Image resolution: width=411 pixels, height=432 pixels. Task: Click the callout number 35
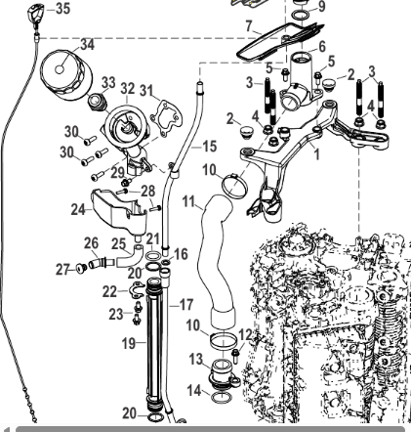pyautogui.click(x=62, y=9)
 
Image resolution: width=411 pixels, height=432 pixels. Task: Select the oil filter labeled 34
pyautogui.click(x=66, y=73)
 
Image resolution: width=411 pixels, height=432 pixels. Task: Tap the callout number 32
pyautogui.click(x=127, y=88)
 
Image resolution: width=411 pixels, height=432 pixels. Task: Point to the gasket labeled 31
pyautogui.click(x=166, y=117)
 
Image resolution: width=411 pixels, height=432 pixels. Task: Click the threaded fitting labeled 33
pyautogui.click(x=97, y=102)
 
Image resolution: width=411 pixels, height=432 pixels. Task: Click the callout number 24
pyautogui.click(x=78, y=209)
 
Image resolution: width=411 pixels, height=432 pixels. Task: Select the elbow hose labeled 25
pyautogui.click(x=129, y=257)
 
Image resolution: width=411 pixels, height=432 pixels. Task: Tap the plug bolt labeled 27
pyautogui.click(x=80, y=269)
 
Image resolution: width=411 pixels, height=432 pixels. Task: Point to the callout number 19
pyautogui.click(x=129, y=343)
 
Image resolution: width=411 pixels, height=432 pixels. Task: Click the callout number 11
pyautogui.click(x=188, y=201)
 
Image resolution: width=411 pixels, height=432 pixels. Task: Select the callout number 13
pyautogui.click(x=196, y=360)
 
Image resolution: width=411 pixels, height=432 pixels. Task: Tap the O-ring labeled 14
pyautogui.click(x=222, y=398)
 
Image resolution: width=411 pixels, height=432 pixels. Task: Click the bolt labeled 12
pyautogui.click(x=235, y=356)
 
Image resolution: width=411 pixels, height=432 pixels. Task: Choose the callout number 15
pyautogui.click(x=209, y=147)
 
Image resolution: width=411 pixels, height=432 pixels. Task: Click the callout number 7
pyautogui.click(x=249, y=25)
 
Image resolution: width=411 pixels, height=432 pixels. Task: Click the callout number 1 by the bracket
pyautogui.click(x=317, y=154)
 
